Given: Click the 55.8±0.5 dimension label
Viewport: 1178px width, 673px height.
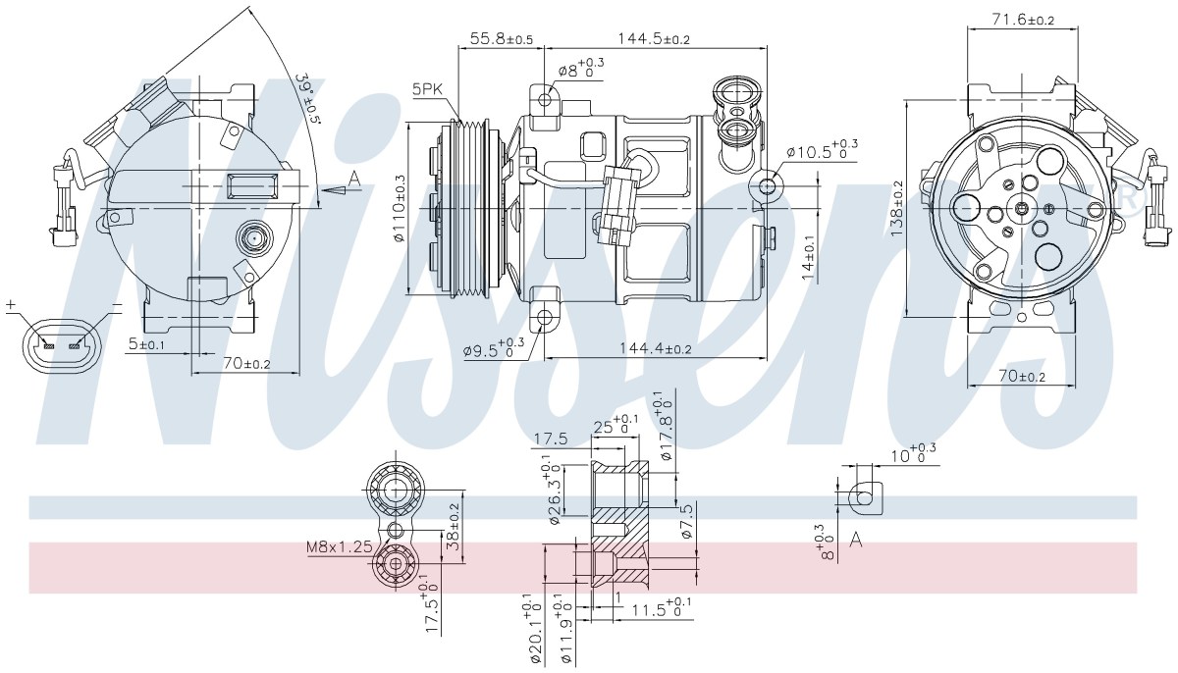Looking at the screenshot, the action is click(502, 38).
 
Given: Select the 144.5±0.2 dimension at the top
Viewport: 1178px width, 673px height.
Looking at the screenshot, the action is click(653, 38).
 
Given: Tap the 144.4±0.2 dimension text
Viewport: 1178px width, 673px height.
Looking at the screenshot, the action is click(656, 348).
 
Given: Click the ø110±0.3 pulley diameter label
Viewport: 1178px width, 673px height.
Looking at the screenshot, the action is click(401, 208).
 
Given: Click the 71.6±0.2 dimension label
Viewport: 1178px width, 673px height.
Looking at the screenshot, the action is click(1023, 20).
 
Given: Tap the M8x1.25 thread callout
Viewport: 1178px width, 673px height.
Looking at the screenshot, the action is click(340, 547).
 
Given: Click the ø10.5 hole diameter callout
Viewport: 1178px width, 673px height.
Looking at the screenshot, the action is click(822, 150).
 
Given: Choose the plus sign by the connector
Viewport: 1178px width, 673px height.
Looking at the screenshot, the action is click(10, 304).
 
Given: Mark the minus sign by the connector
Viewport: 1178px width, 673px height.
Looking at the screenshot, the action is click(117, 304).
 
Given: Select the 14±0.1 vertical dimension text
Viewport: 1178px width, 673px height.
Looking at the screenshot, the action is click(809, 257).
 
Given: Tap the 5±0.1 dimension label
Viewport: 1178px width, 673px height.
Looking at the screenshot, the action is click(146, 344).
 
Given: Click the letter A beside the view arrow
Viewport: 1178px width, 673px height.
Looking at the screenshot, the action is click(354, 179).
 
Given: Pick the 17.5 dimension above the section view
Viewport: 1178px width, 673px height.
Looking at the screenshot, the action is click(551, 439).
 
